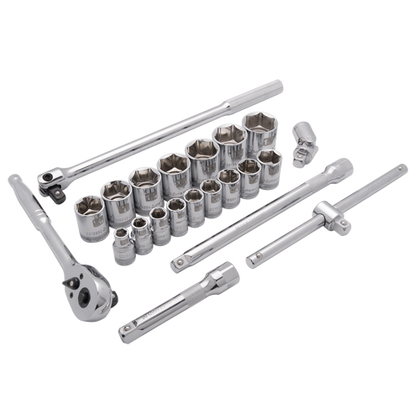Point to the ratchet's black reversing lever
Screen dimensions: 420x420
[112, 294]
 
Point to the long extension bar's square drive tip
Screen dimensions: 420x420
[178, 265]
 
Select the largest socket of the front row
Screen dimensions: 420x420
[269, 167]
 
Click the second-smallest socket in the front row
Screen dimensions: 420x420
[141, 235]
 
